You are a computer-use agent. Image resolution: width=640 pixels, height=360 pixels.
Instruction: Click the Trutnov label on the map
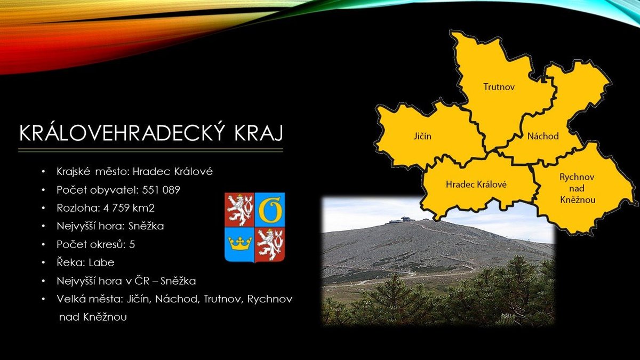pos(499,86)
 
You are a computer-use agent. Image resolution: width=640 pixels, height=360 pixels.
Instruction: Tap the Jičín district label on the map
pos(422,137)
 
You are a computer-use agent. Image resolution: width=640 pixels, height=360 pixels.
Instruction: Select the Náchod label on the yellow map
pos(543,136)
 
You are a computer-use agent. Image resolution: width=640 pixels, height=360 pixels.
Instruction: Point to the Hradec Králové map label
pos(476,185)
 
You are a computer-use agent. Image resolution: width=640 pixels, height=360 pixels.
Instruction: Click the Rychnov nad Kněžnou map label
pos(577,188)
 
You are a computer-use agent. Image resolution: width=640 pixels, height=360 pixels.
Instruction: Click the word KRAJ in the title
pos(259,133)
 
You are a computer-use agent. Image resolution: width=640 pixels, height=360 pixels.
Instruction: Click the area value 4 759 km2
pos(129,208)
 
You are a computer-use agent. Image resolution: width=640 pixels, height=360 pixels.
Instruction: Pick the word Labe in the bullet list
pos(101,262)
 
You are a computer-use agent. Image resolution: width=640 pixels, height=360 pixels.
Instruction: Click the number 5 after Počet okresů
pos(132,245)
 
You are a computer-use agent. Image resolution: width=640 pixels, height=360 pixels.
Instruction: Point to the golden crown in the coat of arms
pos(239,243)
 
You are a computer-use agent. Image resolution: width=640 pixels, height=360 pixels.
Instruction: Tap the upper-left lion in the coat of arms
pos(239,210)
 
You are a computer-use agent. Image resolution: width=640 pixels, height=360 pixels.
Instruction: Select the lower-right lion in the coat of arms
pos(270,245)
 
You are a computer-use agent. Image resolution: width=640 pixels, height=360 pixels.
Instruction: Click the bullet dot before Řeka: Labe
pos(43,263)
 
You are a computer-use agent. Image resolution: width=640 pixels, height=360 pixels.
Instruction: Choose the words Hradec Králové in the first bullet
pos(173,172)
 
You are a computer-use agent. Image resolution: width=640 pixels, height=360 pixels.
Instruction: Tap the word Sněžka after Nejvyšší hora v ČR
pos(178,281)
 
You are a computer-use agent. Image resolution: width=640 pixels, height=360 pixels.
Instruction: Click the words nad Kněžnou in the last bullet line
pos(93,317)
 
